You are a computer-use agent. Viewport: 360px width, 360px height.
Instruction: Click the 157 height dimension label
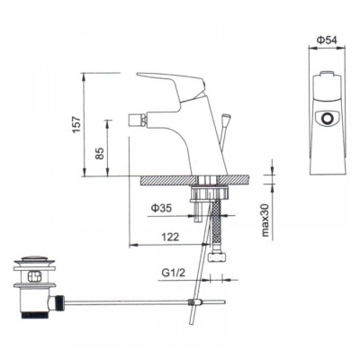[77, 123]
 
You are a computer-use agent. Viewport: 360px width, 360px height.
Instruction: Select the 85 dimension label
[101, 153]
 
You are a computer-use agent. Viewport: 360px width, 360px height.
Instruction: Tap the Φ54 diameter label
[327, 40]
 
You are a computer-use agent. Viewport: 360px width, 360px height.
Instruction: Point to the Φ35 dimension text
[161, 208]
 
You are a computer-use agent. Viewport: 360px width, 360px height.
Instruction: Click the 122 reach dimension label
[170, 237]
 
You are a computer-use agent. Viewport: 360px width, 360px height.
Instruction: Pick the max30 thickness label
[265, 220]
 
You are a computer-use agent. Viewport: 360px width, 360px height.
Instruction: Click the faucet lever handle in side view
[172, 85]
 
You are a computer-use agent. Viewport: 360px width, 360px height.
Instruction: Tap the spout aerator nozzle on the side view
[138, 121]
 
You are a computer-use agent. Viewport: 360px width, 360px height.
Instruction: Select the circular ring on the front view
[326, 118]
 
